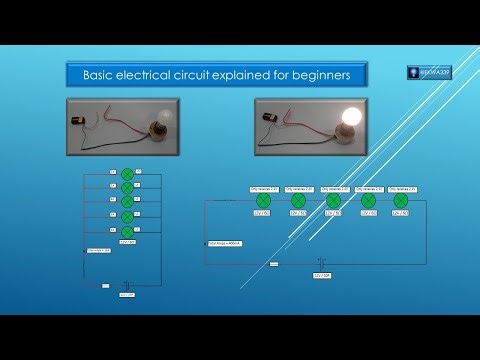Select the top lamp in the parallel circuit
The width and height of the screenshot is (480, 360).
tap(127, 174)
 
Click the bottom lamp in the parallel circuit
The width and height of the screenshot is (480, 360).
tap(127, 229)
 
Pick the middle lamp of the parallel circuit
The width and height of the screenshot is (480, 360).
tap(127, 201)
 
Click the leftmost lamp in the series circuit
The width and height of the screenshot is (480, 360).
tap(262, 200)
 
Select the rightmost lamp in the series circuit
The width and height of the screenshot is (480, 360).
tap(401, 200)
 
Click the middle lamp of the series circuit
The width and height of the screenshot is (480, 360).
tap(333, 200)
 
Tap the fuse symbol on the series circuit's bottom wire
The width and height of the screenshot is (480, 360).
tap(273, 265)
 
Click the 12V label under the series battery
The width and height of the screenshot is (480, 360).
tap(322, 274)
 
